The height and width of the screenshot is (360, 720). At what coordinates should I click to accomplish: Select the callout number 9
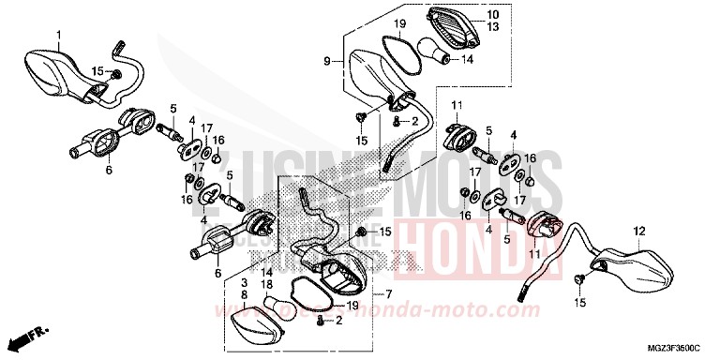327,61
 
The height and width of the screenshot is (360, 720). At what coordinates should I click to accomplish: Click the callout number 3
244,282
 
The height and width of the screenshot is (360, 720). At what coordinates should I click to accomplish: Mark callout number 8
244,294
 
